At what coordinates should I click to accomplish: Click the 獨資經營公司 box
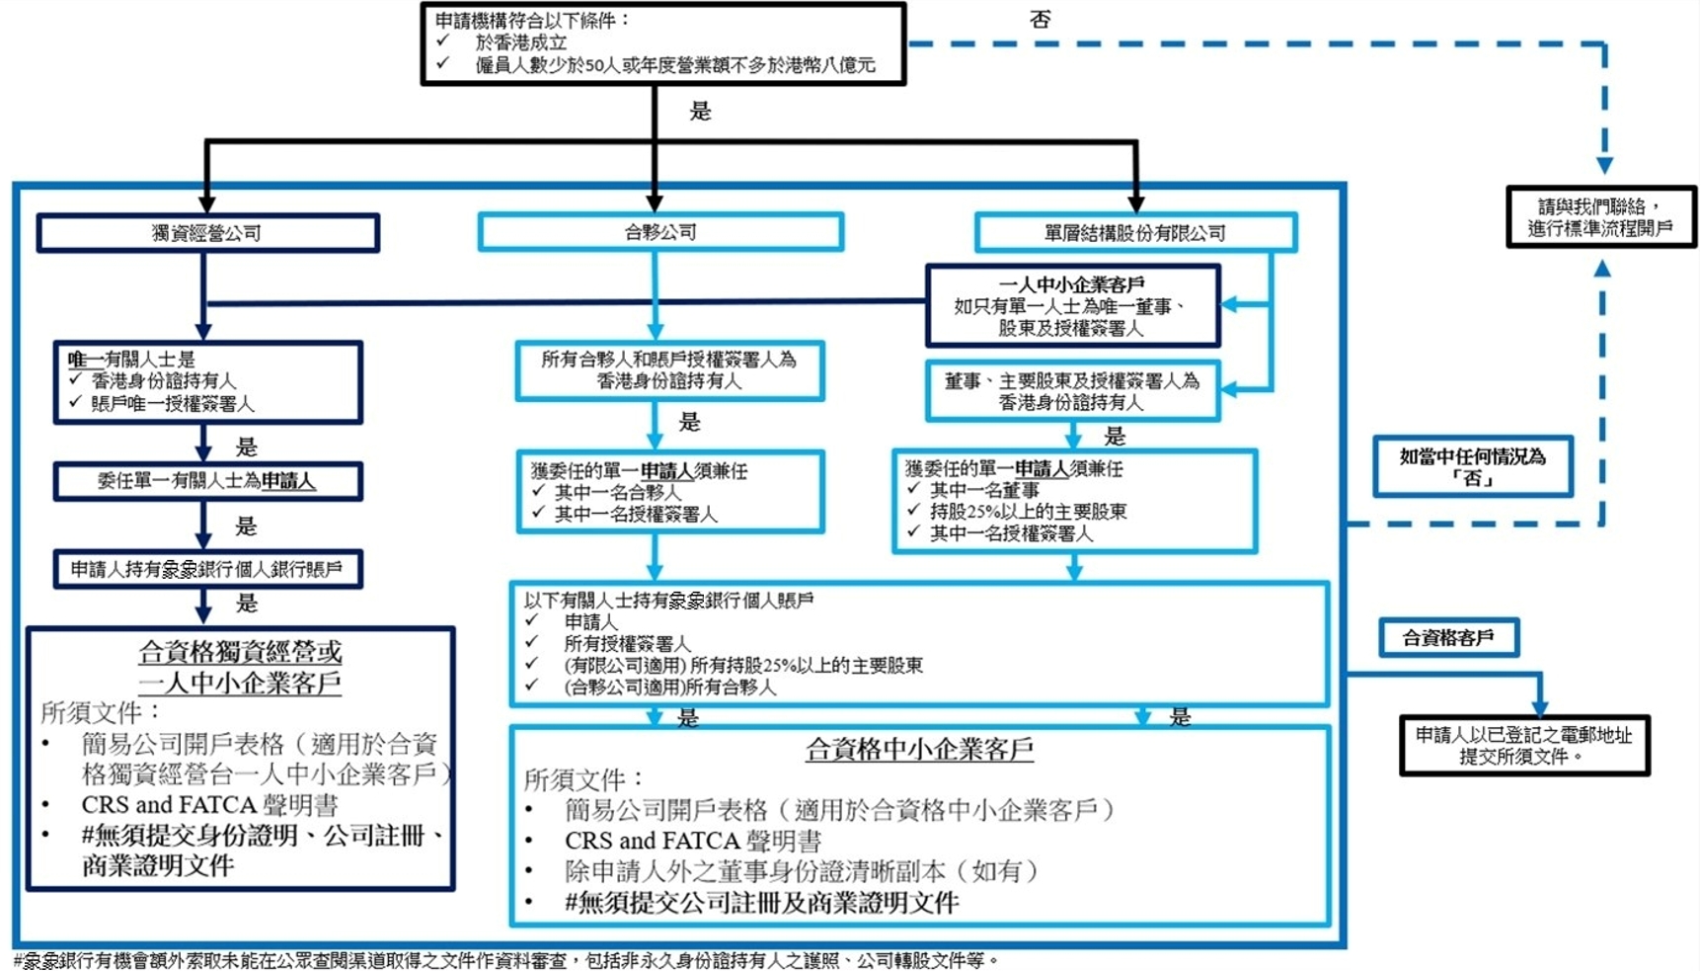click(x=207, y=233)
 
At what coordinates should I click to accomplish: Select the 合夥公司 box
click(x=659, y=232)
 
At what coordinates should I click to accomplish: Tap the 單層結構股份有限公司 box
click(x=1134, y=233)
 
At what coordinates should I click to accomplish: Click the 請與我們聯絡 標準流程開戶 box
click(x=1600, y=217)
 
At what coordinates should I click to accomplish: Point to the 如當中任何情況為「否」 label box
click(x=1472, y=466)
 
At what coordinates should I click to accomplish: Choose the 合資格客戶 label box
click(x=1448, y=638)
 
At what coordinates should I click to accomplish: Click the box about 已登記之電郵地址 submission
click(x=1524, y=746)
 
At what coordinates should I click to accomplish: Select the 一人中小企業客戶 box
click(x=1072, y=305)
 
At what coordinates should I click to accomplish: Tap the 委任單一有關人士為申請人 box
click(x=207, y=481)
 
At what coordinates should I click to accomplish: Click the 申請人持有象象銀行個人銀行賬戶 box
click(x=207, y=569)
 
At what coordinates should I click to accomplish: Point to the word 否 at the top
click(x=1040, y=20)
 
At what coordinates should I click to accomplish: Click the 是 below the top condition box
click(x=700, y=111)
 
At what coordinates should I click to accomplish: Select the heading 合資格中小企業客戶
click(x=919, y=750)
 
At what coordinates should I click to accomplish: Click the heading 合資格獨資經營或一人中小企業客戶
click(x=240, y=667)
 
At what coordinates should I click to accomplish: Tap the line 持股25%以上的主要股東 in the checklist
click(x=1028, y=512)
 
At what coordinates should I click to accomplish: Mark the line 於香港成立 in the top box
click(x=520, y=42)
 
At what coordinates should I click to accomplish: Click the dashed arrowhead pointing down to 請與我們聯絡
click(x=1604, y=165)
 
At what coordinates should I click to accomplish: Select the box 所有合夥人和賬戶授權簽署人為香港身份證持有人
click(x=668, y=370)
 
